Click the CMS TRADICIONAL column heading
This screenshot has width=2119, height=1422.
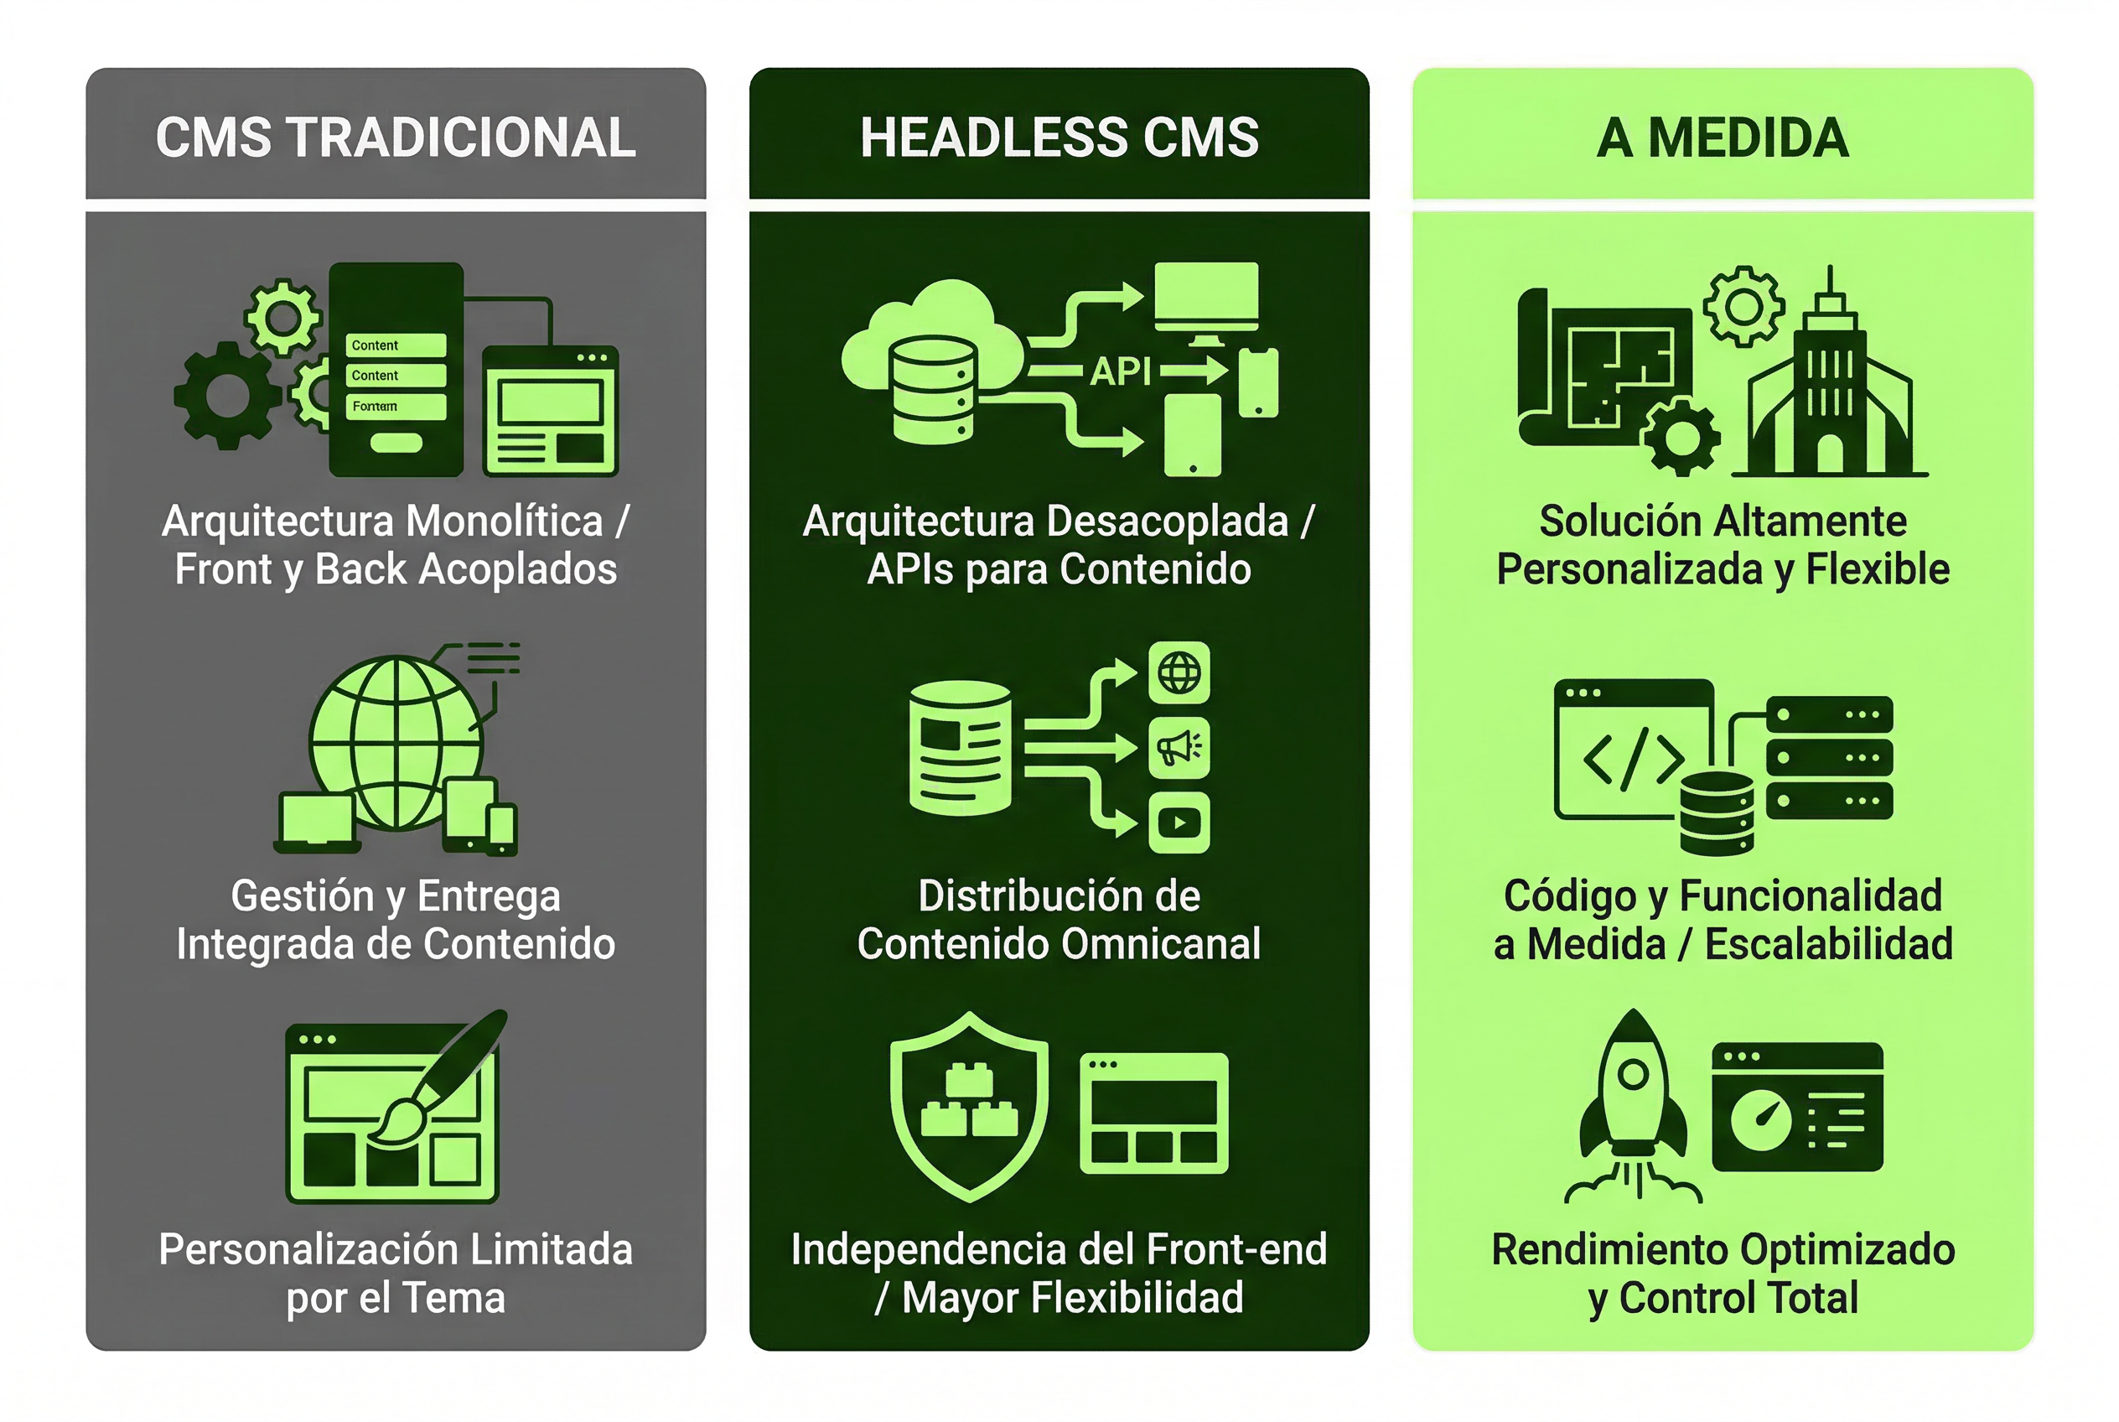[x=396, y=137]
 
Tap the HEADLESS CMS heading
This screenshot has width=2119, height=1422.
[x=1059, y=137]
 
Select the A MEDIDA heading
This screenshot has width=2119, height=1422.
[x=1723, y=137]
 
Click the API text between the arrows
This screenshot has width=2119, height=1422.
[x=1121, y=370]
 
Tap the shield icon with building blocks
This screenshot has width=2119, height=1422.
[x=969, y=1107]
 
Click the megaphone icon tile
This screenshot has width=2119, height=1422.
[x=1179, y=748]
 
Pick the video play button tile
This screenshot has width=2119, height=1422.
[x=1179, y=823]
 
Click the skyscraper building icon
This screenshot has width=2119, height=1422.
[x=1830, y=371]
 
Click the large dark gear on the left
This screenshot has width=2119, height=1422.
[x=226, y=396]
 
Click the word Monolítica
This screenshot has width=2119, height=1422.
[x=504, y=522]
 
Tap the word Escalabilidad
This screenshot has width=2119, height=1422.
[x=1829, y=943]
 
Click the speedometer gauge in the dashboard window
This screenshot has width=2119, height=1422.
[x=1761, y=1120]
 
